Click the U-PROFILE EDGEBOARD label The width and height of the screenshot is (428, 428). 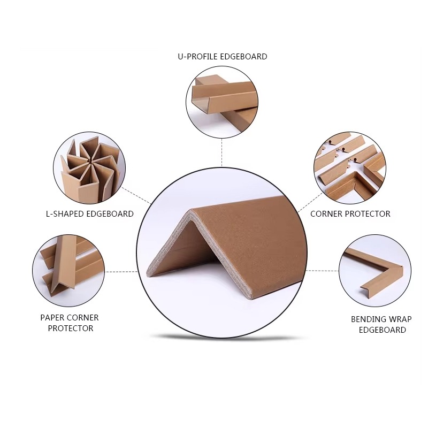click(223, 57)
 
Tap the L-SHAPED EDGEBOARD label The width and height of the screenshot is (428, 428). click(90, 213)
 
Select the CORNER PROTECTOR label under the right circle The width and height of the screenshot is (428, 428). click(350, 213)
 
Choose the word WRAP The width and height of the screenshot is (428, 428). click(400, 319)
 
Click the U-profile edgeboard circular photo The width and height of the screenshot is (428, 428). click(222, 102)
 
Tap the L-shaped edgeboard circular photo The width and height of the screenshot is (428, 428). click(89, 168)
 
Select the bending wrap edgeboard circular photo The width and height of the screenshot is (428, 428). click(375, 271)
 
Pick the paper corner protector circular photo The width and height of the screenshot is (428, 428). click(68, 271)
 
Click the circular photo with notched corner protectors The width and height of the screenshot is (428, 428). click(350, 168)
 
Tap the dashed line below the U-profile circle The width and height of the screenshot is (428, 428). click(222, 152)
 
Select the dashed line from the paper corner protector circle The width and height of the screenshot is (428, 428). click(121, 272)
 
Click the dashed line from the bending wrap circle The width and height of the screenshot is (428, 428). click(323, 271)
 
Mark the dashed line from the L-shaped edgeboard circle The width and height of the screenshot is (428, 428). click(136, 196)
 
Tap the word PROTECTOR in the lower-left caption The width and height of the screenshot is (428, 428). click(71, 328)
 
